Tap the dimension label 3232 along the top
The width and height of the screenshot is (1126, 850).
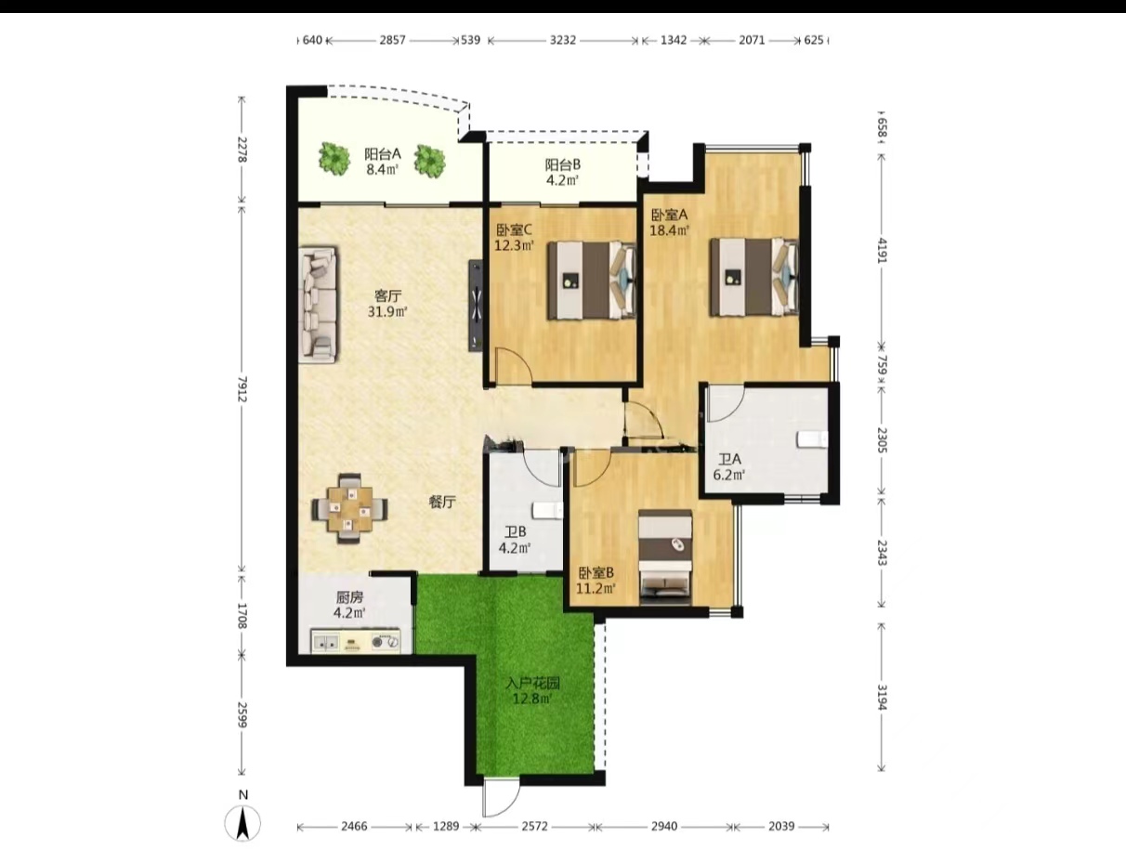(x=563, y=40)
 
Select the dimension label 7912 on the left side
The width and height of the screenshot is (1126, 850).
(x=242, y=389)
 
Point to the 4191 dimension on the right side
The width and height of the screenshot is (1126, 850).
(x=882, y=250)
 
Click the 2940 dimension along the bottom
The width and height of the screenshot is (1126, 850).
(x=664, y=827)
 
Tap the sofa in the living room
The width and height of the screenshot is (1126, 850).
(x=318, y=306)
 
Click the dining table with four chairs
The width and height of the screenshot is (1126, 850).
(x=350, y=509)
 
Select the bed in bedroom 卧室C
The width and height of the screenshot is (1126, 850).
(x=592, y=281)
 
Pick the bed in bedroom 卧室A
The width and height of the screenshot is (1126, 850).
(x=754, y=277)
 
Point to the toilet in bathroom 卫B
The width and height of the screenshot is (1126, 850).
(x=548, y=510)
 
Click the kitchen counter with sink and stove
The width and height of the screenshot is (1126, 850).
(x=355, y=642)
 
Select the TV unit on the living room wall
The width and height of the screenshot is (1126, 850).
(x=476, y=306)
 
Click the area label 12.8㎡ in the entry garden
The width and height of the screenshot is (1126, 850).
(x=532, y=699)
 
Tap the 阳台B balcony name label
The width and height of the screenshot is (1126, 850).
(x=563, y=165)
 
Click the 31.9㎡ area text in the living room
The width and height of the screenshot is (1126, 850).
(x=387, y=311)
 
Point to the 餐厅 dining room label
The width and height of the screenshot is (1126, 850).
(x=442, y=503)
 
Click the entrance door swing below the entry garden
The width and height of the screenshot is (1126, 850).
(x=501, y=799)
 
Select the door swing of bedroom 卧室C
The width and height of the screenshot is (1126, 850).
(x=514, y=364)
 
